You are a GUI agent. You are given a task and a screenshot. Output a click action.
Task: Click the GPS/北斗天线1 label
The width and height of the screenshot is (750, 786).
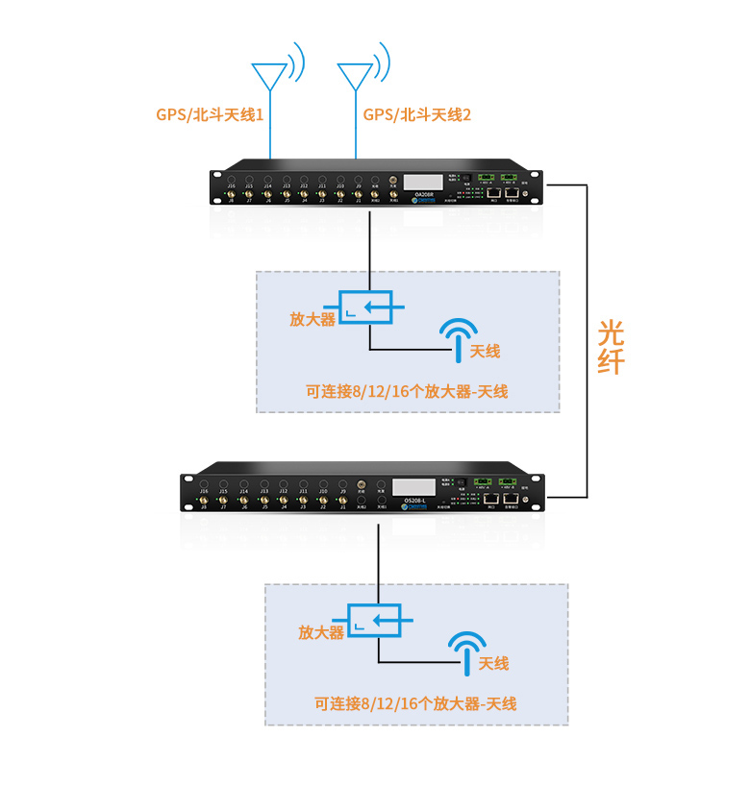210,114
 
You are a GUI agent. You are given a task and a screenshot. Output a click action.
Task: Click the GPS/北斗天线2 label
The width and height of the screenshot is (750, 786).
417,114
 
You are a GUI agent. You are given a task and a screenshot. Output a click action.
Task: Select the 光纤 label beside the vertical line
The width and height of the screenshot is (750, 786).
611,347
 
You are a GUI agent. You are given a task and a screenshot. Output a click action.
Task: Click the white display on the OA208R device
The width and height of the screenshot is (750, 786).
424,181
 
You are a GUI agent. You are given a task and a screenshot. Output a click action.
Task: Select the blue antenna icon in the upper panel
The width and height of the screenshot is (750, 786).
458,337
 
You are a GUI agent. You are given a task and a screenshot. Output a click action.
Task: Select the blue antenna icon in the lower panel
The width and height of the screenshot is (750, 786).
466,650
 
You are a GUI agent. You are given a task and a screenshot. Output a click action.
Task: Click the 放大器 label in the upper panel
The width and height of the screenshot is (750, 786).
312,319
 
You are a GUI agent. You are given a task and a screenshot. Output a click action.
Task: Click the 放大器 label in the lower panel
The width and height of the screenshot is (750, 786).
321,631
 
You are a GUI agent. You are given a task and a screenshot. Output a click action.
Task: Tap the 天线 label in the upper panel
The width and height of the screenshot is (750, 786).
485,351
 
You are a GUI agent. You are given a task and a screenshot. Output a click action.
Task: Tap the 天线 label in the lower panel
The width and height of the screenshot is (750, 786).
493,663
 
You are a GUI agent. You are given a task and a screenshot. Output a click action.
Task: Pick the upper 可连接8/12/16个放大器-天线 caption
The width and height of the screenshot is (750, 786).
406,391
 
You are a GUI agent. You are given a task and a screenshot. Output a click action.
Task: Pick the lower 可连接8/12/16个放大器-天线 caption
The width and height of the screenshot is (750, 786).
415,703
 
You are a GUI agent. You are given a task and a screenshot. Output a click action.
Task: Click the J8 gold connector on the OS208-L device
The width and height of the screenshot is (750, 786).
203,501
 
